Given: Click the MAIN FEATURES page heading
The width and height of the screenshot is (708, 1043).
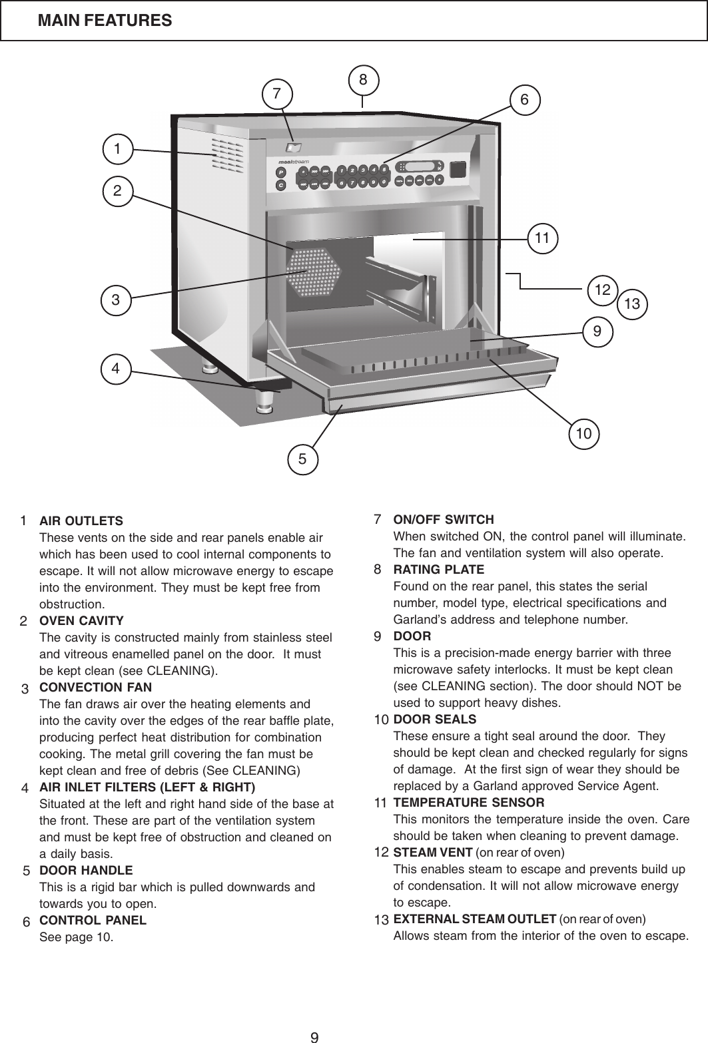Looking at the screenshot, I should (x=105, y=21).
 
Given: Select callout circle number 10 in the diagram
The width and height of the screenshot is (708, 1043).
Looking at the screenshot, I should (x=584, y=433).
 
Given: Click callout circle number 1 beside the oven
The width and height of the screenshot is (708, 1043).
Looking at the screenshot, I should (x=117, y=148).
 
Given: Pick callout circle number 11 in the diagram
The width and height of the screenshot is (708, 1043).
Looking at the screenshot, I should (x=542, y=237).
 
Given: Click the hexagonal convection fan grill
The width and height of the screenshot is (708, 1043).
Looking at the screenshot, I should (x=313, y=273).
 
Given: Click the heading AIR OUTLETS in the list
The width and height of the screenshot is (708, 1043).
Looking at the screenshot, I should (x=81, y=520).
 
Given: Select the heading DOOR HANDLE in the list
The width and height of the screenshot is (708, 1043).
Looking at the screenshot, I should (x=86, y=870).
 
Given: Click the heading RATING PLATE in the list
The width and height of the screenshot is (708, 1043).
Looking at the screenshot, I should (x=439, y=570).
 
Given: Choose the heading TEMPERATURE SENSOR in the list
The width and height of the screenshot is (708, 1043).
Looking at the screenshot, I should (x=469, y=802).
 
